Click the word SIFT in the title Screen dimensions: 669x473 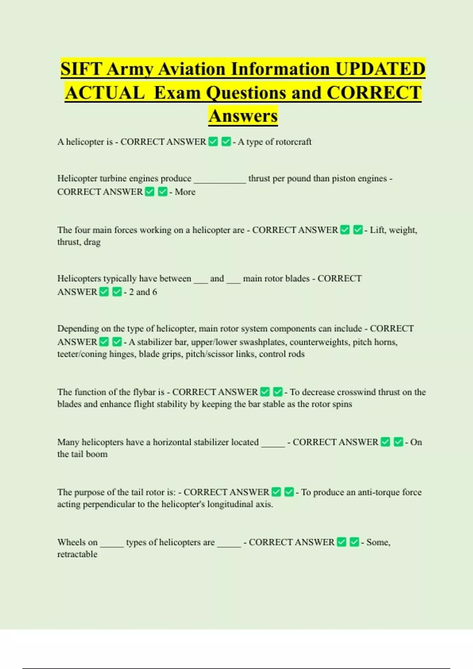[81, 69]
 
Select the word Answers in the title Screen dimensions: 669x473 [243, 116]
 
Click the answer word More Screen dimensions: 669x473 [185, 192]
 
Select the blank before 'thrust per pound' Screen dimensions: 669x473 [220, 179]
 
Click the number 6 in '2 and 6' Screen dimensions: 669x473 [155, 292]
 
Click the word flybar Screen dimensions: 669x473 [144, 392]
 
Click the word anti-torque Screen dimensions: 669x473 [378, 492]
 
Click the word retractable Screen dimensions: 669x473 [77, 554]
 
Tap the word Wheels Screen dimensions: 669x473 [70, 542]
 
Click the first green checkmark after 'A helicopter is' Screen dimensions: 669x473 [213, 142]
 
